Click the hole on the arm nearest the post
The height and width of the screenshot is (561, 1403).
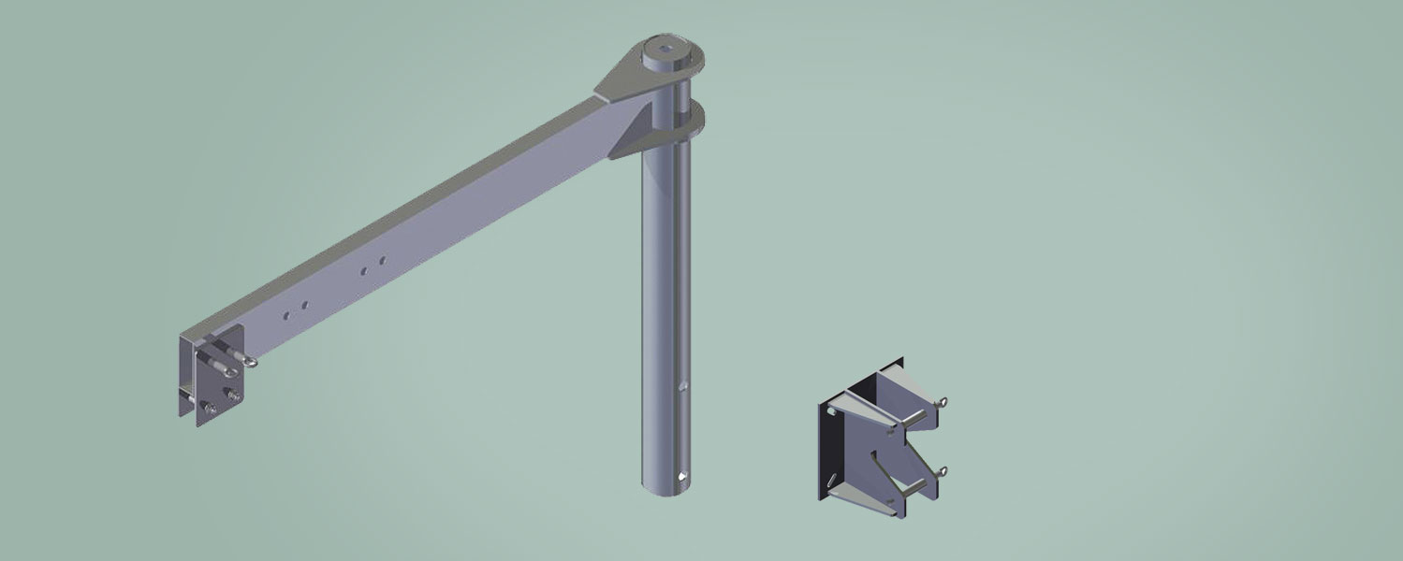(x=382, y=261)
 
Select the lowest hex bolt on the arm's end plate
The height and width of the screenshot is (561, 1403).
(x=212, y=409)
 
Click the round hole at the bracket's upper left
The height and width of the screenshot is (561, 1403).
(x=830, y=408)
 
